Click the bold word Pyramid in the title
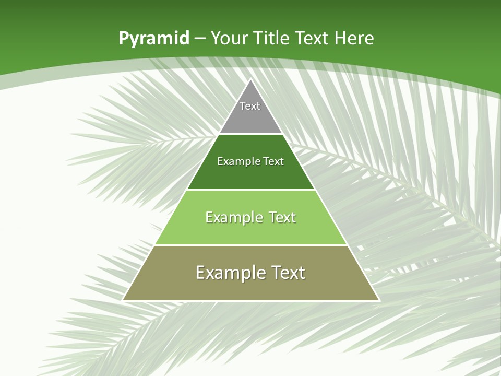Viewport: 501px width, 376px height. coord(153,39)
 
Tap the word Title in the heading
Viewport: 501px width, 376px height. coord(273,38)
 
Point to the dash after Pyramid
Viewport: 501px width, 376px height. coord(199,39)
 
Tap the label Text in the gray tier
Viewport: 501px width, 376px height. coord(250,106)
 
